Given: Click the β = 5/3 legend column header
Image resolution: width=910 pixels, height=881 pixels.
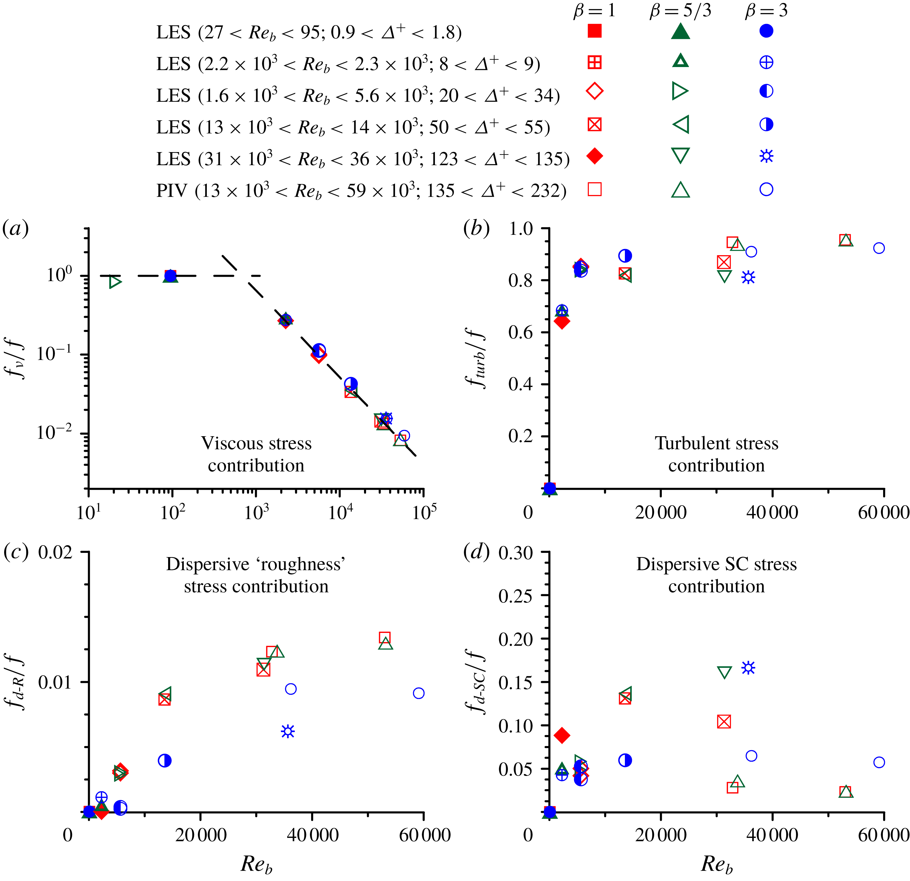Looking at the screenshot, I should [x=680, y=10].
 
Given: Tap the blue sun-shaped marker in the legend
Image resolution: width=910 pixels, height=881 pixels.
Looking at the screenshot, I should [x=766, y=156].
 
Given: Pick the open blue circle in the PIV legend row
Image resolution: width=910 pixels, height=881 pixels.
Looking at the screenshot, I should [x=766, y=189].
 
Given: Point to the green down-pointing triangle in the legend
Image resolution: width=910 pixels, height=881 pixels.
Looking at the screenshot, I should [x=680, y=156].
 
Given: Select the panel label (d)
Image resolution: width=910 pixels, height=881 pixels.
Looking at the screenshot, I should [x=476, y=552].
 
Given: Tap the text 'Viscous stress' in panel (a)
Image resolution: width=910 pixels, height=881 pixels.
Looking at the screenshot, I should [x=256, y=443].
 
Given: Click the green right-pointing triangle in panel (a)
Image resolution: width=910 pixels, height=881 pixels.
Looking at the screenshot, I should [x=115, y=281].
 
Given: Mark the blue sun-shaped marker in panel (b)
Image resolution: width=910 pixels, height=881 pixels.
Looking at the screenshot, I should [x=748, y=278].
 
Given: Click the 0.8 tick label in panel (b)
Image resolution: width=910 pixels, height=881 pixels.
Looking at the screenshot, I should [x=521, y=280].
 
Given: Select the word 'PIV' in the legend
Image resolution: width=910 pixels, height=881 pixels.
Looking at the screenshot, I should [x=171, y=190].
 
